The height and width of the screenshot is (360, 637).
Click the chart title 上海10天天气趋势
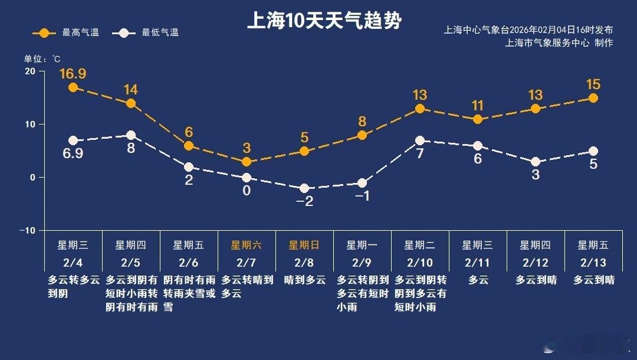pos(324,21)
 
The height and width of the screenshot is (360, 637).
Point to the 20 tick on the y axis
pos(29,71)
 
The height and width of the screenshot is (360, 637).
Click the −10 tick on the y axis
pos(27,230)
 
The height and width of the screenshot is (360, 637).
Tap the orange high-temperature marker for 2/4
pos(73,87)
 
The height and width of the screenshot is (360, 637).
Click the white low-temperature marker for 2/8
pos(304,188)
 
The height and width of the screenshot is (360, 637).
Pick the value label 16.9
pos(73,74)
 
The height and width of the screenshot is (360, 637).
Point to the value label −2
pos(304,201)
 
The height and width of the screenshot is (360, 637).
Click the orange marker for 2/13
pos(593,98)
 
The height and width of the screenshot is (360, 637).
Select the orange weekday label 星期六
pos(246,245)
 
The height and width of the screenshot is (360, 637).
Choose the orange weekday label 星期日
pos(304,245)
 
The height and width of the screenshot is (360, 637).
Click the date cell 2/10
pos(419,262)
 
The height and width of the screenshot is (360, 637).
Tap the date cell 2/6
pos(188,262)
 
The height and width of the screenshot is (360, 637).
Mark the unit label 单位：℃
pos(42,59)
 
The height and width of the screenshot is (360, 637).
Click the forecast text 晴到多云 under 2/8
pos(304,280)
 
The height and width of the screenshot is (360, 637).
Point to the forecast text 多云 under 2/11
pos(478,280)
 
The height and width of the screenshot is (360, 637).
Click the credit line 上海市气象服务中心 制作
pos(559,43)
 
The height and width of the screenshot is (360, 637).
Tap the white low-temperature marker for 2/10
pos(420,140)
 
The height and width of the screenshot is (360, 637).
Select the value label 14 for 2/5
pos(131,90)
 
